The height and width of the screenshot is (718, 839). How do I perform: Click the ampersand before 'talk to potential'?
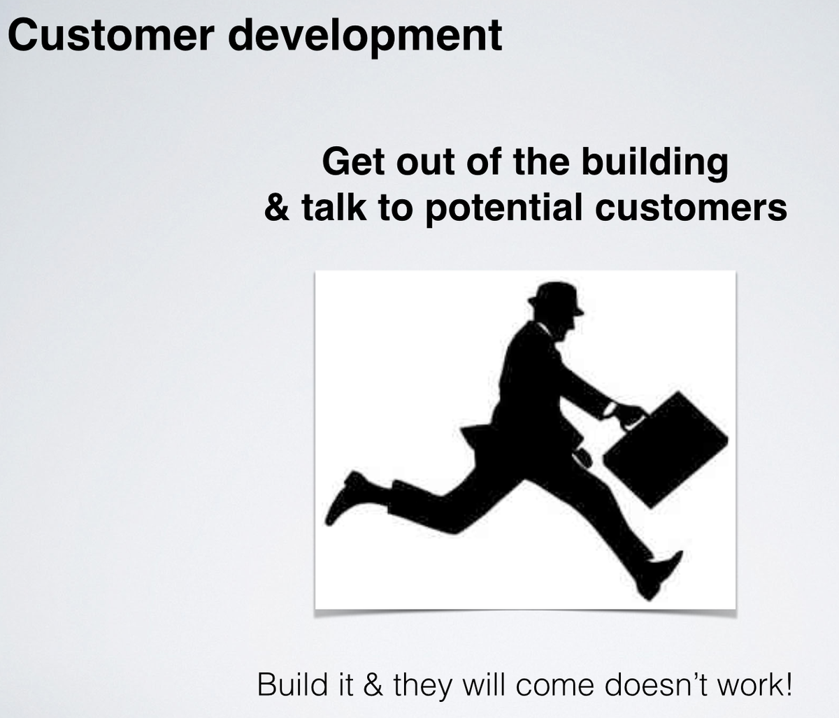278,208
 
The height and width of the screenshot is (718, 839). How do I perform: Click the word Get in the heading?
352,163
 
